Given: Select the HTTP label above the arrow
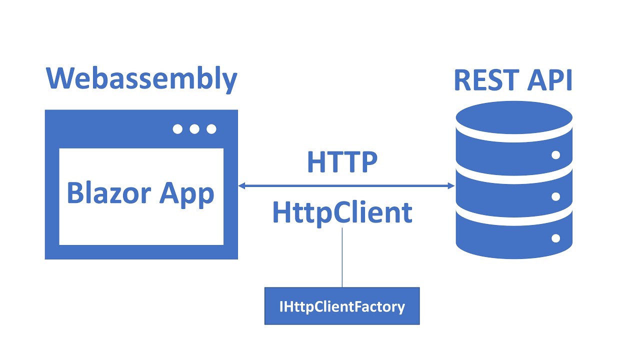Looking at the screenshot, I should tap(342, 162).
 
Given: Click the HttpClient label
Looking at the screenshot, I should tap(342, 213).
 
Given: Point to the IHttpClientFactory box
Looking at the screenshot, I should tap(342, 306).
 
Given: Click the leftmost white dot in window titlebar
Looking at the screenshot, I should tap(177, 129).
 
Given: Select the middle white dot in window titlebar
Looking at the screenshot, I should tap(194, 129).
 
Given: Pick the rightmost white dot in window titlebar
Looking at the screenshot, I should tap(211, 129).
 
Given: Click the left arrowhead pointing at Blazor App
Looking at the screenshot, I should tap(241, 186).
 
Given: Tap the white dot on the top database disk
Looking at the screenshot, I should tap(555, 155).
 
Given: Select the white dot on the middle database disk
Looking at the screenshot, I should tap(555, 196).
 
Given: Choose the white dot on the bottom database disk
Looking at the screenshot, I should tap(555, 238).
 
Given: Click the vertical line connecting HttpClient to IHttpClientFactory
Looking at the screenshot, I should tap(342, 257).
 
